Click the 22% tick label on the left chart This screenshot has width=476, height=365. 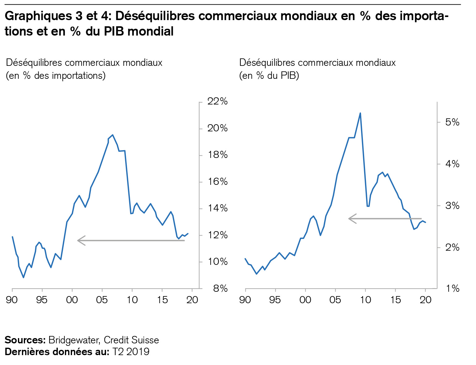(218, 101)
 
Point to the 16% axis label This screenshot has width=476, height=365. (218, 181)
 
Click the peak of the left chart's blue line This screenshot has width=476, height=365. (113, 135)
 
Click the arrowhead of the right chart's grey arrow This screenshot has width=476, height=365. (350, 219)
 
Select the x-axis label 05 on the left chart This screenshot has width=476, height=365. (102, 300)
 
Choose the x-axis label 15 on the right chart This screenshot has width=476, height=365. (396, 300)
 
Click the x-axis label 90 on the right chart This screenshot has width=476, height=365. (245, 300)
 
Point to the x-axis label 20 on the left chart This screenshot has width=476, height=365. (192, 300)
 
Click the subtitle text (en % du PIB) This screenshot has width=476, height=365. (269, 76)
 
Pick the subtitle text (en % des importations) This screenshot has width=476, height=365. (56, 76)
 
